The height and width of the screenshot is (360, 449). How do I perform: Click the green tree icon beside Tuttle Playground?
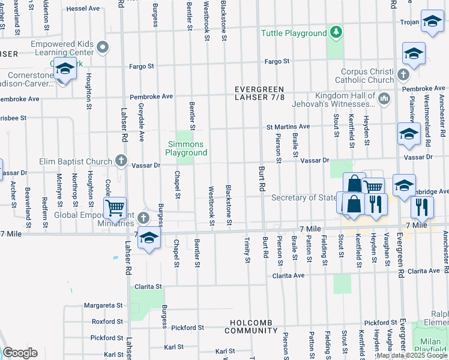pos(337,33)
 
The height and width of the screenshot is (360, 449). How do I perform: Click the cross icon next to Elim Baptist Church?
pos(121,161)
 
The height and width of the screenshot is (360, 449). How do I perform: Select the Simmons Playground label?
pos(187,148)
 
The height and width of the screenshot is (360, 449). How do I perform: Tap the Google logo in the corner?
pos(20,353)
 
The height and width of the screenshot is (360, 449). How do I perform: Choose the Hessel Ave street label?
pos(83,9)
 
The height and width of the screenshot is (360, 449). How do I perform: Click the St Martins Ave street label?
pos(288,127)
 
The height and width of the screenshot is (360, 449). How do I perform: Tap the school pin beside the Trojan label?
pos(432,22)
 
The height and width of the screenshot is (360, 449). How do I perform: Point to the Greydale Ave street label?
pos(142,127)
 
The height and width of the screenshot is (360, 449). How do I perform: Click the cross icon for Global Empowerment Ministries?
pos(143,217)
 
